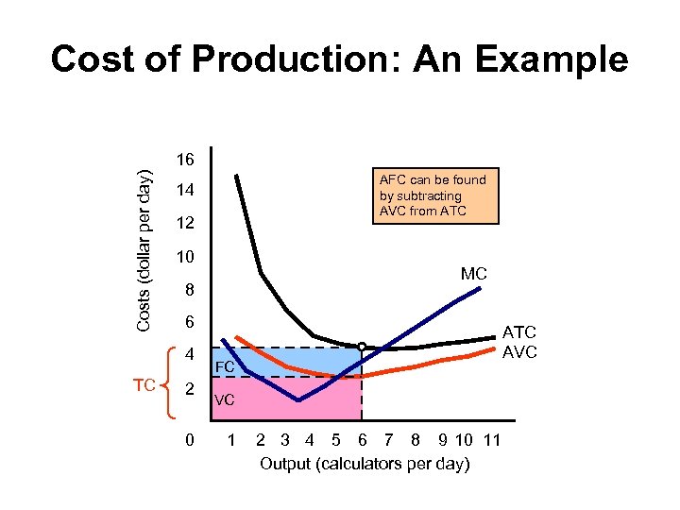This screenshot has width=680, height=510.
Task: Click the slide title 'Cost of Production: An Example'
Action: pos(339,59)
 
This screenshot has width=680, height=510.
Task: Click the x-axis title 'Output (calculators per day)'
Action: pos(365,463)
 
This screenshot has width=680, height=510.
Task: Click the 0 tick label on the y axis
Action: pos(189,441)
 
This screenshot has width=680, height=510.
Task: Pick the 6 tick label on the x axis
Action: pos(363,441)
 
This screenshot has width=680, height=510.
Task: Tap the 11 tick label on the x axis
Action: pos(491,441)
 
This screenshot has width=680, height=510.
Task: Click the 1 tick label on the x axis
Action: pos(230,441)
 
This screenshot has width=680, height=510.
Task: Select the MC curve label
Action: pos(474,274)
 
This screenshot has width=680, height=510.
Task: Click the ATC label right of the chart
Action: pos(519,332)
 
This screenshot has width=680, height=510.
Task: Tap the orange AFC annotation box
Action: pos(433,195)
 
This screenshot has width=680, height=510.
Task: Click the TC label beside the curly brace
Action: pos(144,386)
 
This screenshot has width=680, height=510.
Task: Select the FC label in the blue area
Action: pos(225,366)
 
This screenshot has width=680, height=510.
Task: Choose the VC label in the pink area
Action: pos(225,400)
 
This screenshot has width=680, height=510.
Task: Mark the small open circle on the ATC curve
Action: pos(362,346)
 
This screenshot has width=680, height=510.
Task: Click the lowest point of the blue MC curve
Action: pos(298,400)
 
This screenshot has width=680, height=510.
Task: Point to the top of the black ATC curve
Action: pos(236,176)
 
